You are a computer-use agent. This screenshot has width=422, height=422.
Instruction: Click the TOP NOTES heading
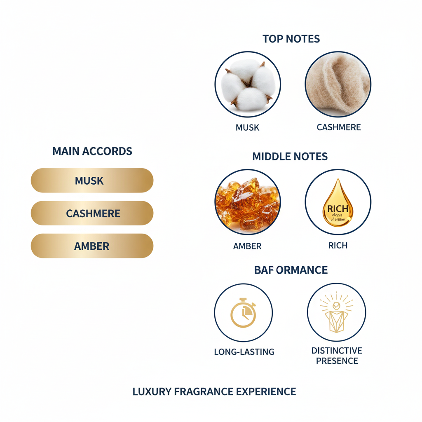point(291,39)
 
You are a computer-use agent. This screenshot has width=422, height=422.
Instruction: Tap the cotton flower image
point(248,84)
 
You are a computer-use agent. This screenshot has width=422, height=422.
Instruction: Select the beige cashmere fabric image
point(338,84)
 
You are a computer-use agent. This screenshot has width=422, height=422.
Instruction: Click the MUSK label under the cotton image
point(247,127)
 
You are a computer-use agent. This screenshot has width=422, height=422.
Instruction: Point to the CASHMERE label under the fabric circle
point(338,127)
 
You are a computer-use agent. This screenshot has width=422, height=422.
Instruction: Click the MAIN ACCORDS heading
point(92,151)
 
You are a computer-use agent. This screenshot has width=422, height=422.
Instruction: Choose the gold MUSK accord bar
point(92,181)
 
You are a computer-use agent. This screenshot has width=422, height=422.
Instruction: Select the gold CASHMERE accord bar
point(92,213)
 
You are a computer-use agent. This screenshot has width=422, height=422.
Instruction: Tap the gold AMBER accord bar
point(92,246)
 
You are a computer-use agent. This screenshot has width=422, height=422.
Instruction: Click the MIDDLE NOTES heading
point(290,157)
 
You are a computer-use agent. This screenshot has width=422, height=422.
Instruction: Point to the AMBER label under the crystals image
point(247,246)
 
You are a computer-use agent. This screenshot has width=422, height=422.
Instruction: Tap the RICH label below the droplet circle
point(338,246)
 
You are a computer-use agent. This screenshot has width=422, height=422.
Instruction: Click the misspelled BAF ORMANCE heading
point(291,270)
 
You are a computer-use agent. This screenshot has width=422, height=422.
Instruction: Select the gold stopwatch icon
point(243,313)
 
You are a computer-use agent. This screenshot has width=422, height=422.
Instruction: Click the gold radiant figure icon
point(337,312)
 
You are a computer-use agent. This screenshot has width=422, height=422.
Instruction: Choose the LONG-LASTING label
point(244,352)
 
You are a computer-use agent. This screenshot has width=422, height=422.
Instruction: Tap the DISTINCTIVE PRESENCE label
point(337,356)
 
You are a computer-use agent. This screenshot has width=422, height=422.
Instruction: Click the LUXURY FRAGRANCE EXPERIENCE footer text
point(214,392)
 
